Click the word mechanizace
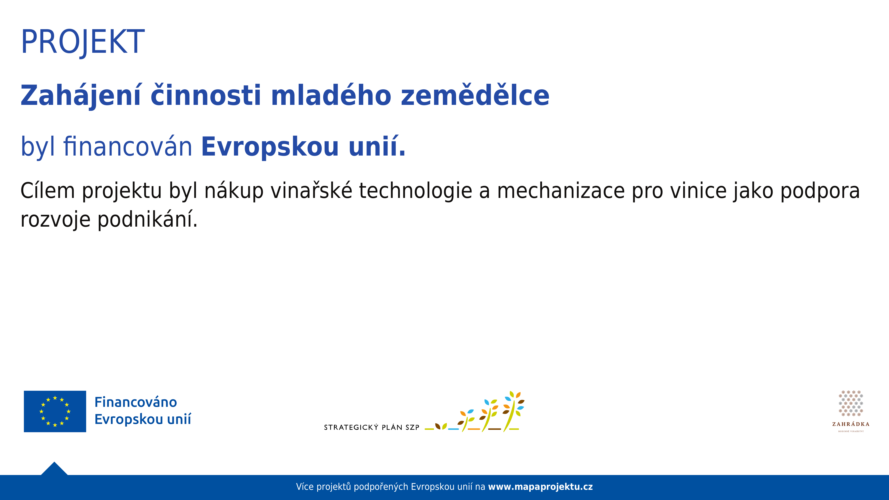(x=561, y=191)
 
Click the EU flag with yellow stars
(x=55, y=411)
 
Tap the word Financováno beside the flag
(x=136, y=402)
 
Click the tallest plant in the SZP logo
(x=513, y=411)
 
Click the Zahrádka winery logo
(x=851, y=411)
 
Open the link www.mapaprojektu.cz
(x=540, y=487)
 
